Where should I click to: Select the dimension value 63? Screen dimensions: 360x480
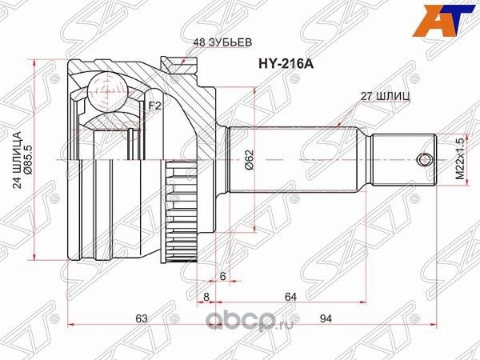click(142, 319)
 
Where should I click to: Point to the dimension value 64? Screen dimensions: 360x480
click(290, 297)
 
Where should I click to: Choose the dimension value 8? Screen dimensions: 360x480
click(206, 297)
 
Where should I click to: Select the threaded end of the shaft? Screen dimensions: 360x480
click(403, 158)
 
